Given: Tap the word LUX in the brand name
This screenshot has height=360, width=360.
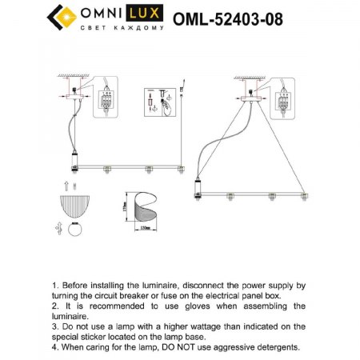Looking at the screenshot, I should pos(145,14).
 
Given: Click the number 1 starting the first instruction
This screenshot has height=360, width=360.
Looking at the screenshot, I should pos(54,285).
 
